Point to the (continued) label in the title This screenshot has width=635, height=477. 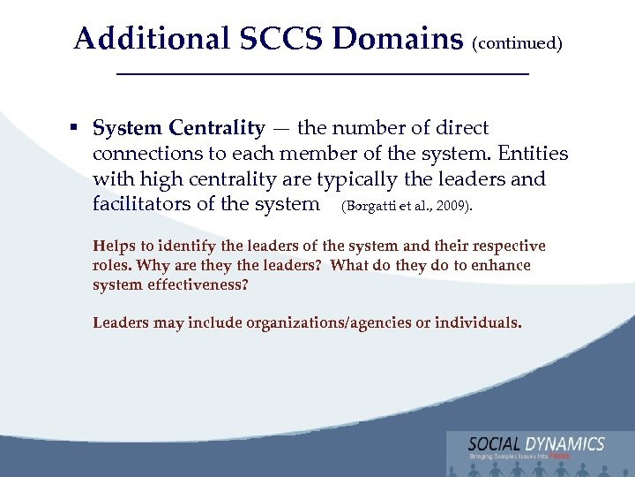(518, 42)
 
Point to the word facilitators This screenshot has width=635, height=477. (146, 204)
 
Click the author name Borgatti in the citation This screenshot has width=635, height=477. (369, 206)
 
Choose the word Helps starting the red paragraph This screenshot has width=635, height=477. (114, 246)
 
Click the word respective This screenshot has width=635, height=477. (507, 246)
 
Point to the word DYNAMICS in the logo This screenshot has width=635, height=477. (568, 444)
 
